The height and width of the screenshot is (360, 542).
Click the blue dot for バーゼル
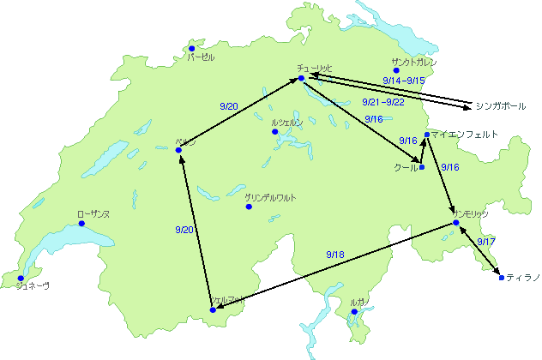(x=192, y=48)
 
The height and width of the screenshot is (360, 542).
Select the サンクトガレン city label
(x=414, y=63)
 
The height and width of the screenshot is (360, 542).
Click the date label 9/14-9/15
(x=405, y=80)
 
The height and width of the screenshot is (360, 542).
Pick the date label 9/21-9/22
(x=383, y=102)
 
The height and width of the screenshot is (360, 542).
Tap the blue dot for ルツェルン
(x=275, y=132)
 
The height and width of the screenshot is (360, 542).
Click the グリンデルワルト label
(x=271, y=198)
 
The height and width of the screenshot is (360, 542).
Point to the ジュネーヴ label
(x=33, y=286)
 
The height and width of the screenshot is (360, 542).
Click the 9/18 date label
(x=335, y=255)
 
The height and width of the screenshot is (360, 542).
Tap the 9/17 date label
(x=485, y=243)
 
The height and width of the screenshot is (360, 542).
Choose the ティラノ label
(x=522, y=278)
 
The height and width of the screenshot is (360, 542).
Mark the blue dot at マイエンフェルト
(x=426, y=135)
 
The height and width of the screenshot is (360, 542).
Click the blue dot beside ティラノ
(x=501, y=278)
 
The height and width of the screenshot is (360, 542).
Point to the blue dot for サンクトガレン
(x=397, y=70)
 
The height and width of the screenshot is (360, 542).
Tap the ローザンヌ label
(x=93, y=213)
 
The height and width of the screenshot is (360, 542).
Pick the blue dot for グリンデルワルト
(x=249, y=207)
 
